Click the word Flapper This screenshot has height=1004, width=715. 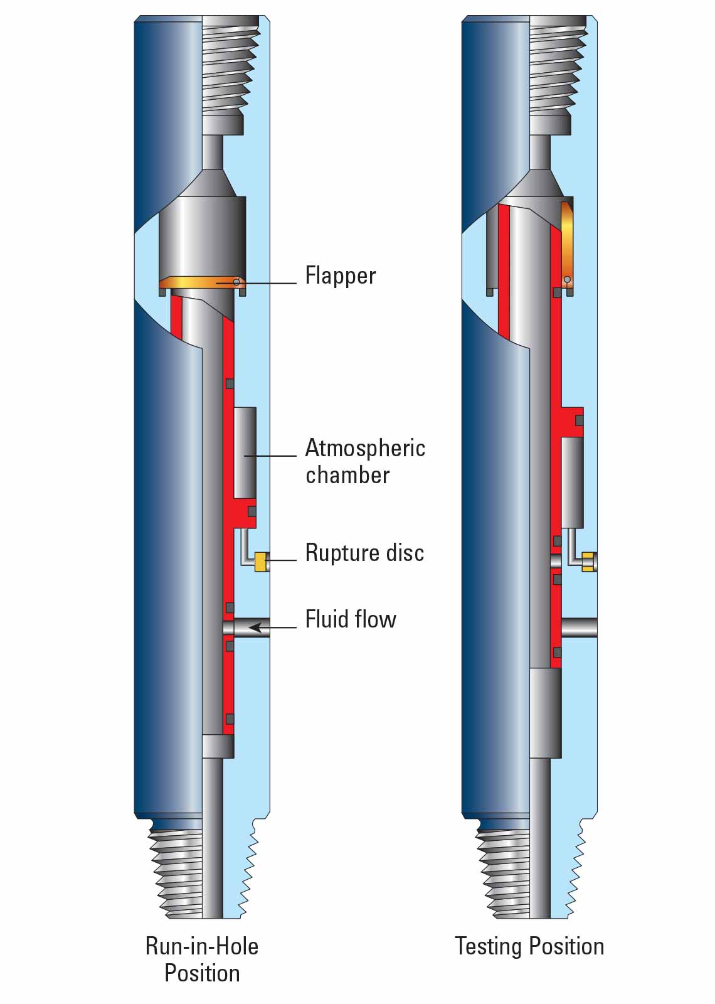340,276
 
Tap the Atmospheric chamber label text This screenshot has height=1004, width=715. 365,461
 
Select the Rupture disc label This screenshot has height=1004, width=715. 364,553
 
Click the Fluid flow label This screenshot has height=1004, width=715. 351,619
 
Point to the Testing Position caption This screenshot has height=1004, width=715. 529,946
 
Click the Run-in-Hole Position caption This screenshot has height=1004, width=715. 202,959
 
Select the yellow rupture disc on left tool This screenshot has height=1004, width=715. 260,561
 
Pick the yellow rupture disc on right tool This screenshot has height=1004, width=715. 588,561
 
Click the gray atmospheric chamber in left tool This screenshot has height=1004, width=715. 245,452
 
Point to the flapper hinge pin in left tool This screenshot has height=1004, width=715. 236,282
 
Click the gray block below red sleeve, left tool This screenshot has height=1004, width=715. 218,746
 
